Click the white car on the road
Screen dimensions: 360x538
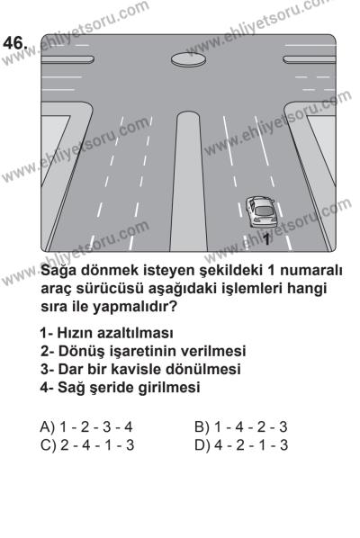tap(261, 213)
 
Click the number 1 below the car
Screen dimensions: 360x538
tap(266, 239)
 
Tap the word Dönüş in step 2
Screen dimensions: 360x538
tap(85, 351)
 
